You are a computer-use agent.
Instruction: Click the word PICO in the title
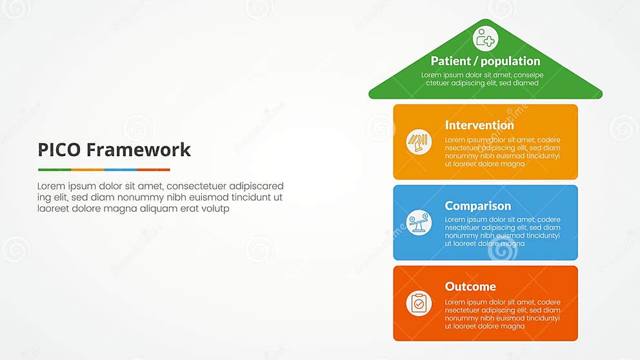tap(59, 150)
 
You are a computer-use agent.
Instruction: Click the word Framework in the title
tap(139, 150)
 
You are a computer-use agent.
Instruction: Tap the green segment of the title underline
tap(54, 170)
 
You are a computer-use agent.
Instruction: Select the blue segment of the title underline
tap(121, 170)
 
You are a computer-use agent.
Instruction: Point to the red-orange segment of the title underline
tap(154, 170)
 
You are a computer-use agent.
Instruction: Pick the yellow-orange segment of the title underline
tap(88, 170)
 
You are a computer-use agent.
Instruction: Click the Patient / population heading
tap(485, 61)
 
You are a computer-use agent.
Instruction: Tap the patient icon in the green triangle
tap(485, 39)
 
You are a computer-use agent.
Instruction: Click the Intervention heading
tap(479, 125)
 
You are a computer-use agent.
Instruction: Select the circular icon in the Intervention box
tap(419, 142)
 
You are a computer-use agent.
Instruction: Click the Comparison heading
tap(477, 206)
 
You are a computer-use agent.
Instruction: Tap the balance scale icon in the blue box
tap(419, 223)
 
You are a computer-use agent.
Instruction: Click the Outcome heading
tap(470, 286)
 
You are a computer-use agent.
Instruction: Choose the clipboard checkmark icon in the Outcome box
tap(419, 303)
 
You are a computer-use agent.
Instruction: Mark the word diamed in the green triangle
tap(525, 83)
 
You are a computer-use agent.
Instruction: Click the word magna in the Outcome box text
tap(512, 326)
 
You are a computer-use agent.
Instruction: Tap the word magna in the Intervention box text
tap(512, 164)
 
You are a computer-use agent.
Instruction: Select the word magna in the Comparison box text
tap(512, 244)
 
